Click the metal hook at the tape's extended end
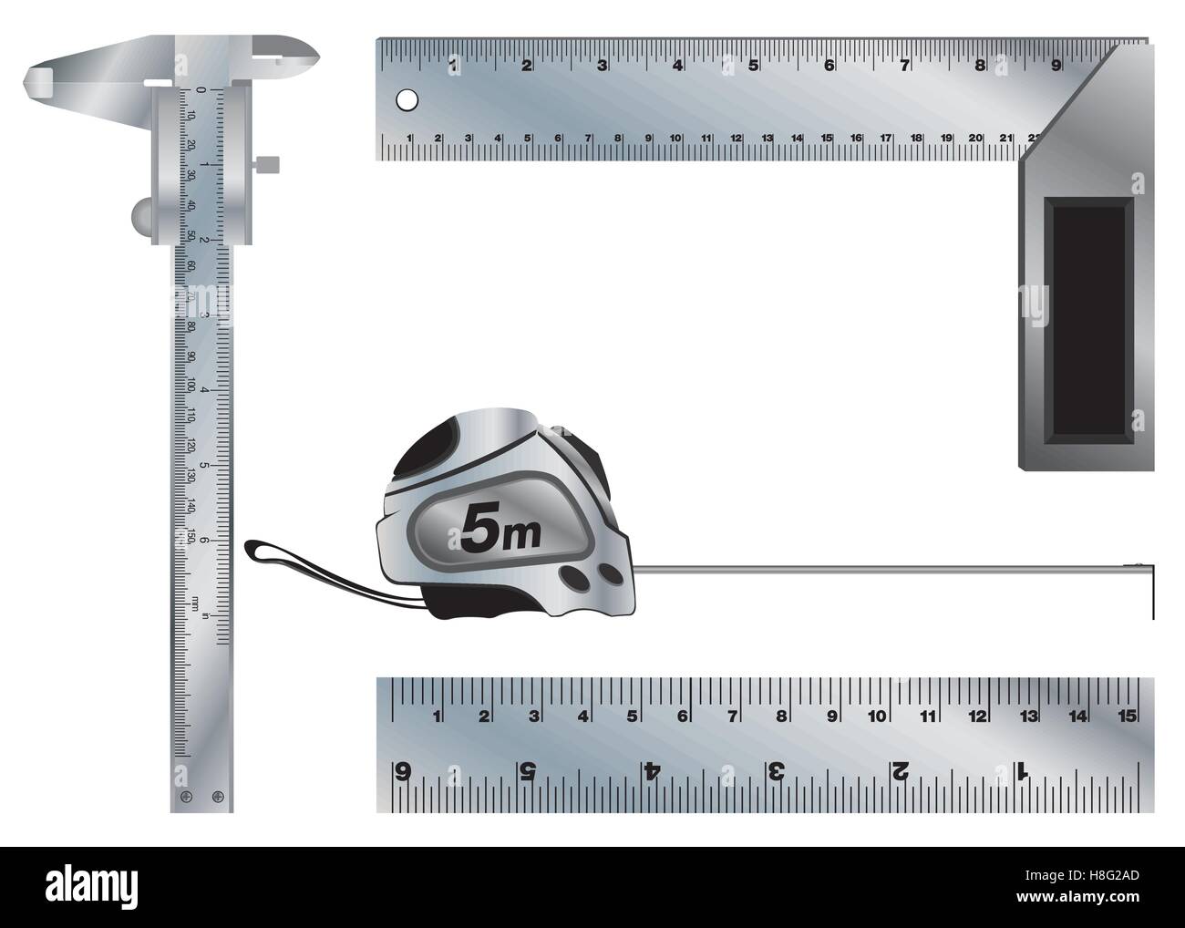(x=1150, y=588)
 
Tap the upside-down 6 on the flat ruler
(x=402, y=771)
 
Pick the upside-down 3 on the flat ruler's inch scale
(x=776, y=771)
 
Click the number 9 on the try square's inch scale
(x=1055, y=65)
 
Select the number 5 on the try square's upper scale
(x=753, y=65)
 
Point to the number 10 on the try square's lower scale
(x=675, y=139)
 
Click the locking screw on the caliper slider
(x=266, y=164)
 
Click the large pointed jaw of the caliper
(x=55, y=79)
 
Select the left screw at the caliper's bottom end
(x=185, y=796)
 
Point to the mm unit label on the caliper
(x=194, y=603)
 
